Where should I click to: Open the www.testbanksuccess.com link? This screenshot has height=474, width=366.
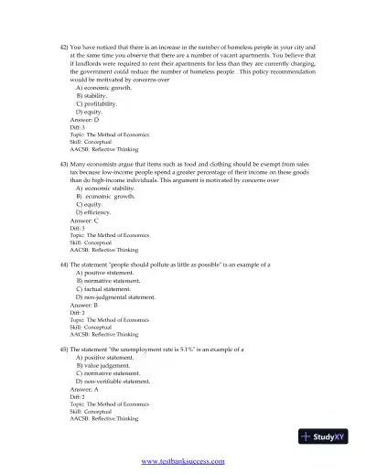click(182, 461)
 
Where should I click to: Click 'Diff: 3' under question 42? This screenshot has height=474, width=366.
click(78, 126)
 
